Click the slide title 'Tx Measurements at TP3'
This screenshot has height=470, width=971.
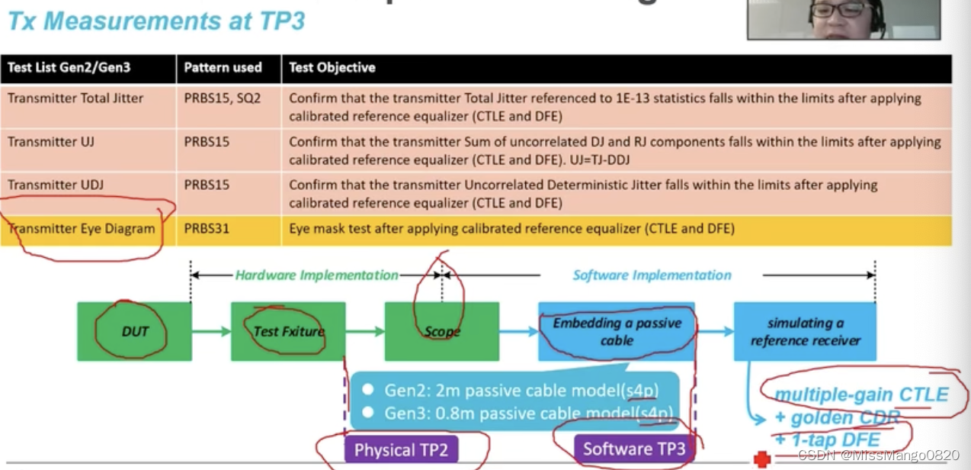pos(156,20)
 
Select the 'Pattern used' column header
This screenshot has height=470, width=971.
pos(223,68)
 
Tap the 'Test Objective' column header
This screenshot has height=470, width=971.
pos(332,68)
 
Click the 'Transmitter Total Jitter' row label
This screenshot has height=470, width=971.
pos(75,98)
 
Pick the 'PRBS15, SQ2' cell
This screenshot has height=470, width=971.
pos(222,98)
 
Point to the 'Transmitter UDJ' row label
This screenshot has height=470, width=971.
pos(56,185)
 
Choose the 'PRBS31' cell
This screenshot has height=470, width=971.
pos(207,229)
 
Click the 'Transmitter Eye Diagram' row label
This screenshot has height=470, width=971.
pos(82,229)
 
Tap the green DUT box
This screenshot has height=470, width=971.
pos(134,331)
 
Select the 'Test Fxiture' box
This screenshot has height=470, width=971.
pos(288,331)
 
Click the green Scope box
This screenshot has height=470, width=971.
pos(442,331)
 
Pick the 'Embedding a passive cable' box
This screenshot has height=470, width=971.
pos(617,331)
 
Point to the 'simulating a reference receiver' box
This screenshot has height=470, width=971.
pos(805,331)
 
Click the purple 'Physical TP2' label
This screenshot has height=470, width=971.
pos(401,449)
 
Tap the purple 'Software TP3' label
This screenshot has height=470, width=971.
pos(634,449)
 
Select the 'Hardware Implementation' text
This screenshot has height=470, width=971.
pos(316,275)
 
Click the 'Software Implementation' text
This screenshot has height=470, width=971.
pos(652,275)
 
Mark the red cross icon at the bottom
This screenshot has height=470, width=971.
pos(761,459)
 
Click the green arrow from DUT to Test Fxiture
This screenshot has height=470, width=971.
pos(211,331)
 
